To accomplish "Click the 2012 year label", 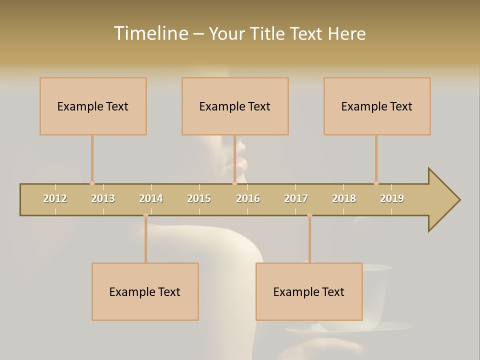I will [55, 198].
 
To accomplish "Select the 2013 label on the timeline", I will [103, 198].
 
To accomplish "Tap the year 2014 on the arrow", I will [151, 198].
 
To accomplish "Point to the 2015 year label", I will [199, 198].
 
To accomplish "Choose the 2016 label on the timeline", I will [248, 198].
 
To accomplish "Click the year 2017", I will [296, 198].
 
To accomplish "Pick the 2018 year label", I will [344, 198].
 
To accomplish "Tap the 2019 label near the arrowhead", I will [392, 198].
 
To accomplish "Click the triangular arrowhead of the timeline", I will [442, 200].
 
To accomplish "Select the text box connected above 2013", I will [93, 106].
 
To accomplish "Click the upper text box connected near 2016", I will [235, 106].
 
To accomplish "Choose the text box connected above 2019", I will [377, 106].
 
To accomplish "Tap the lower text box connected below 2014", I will [145, 291].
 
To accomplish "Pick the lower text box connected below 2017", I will [309, 291].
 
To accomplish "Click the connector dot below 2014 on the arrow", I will [145, 215].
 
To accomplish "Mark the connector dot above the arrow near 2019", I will [376, 183].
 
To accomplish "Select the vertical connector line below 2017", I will [309, 239].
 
